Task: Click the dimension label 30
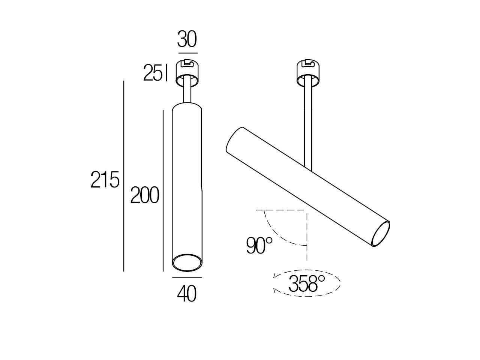tap(187, 40)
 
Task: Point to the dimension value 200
tap(144, 195)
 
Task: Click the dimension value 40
tap(187, 294)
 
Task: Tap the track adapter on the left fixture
tap(187, 72)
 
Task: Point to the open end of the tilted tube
tap(381, 233)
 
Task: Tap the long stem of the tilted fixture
tap(308, 124)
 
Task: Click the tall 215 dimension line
tap(123, 176)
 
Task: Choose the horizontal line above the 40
tap(187, 278)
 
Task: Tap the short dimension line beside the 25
tap(165, 73)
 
